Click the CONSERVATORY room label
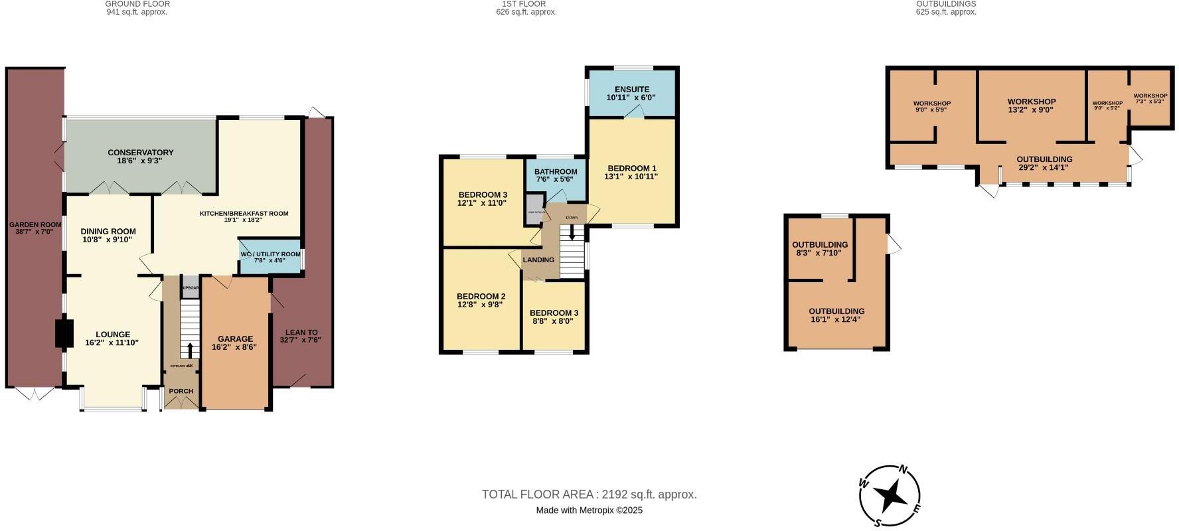pos(140,153)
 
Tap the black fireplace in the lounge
pos(64,334)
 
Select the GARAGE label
pos(235,339)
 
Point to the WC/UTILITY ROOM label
pos(270,254)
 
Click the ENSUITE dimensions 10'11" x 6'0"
pos(631,98)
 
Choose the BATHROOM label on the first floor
pos(556,172)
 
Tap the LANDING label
pos(538,260)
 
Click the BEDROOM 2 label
pos(481,296)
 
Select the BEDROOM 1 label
pos(631,168)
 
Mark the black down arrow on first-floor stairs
pos(572,233)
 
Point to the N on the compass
pos(904,469)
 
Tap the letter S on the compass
pos(878,522)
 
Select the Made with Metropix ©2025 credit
pos(589,510)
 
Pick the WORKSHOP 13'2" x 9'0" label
pos(1032,102)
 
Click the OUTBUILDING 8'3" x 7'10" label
pos(820,245)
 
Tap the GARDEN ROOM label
pos(31,225)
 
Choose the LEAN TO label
pos(301,332)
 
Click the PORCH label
pos(181,391)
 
